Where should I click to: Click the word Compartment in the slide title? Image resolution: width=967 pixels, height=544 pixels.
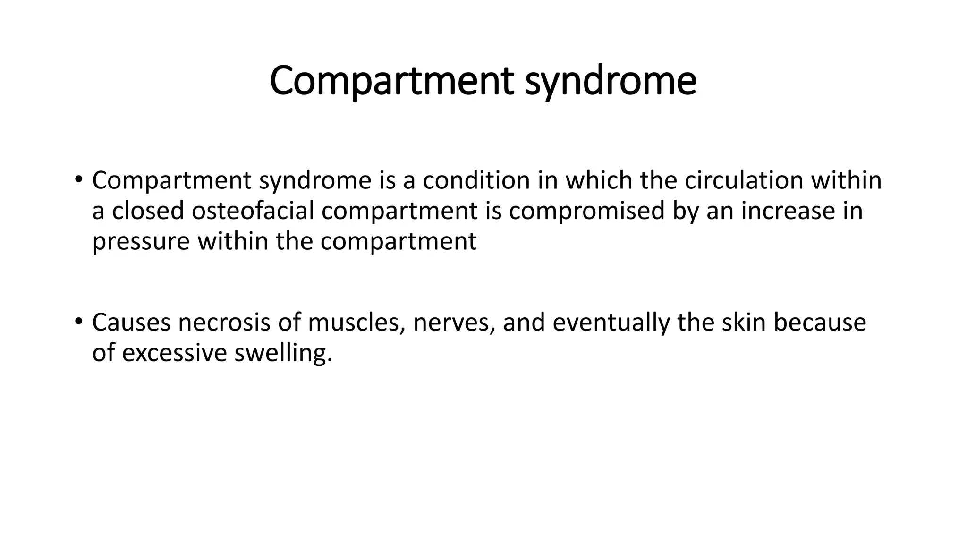(x=392, y=81)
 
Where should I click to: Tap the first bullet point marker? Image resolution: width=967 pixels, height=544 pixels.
(x=78, y=179)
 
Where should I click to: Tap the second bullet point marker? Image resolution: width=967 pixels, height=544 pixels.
(x=78, y=322)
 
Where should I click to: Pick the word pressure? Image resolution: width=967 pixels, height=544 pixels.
(x=141, y=242)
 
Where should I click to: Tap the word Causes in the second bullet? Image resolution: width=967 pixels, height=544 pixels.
(x=131, y=323)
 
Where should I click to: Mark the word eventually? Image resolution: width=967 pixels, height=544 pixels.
(x=611, y=323)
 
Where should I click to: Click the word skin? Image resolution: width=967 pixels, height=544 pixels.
(x=743, y=323)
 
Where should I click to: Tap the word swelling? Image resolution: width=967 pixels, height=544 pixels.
(x=283, y=353)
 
